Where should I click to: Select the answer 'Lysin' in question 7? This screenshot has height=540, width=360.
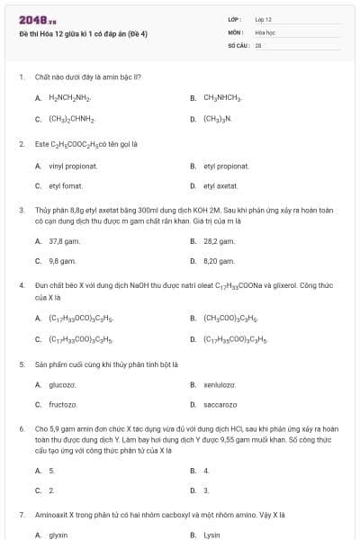tap(211, 535)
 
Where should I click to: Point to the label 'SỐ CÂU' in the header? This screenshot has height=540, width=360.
tap(237, 44)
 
